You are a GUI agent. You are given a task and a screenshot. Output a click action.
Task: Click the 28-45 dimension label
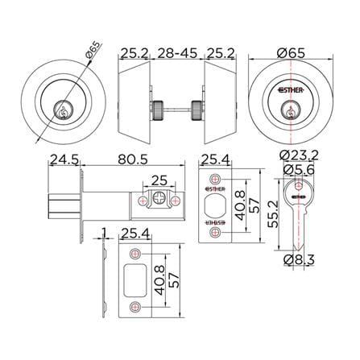pyautogui.click(x=177, y=53)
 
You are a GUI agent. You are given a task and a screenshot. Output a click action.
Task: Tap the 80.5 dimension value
pyautogui.click(x=133, y=159)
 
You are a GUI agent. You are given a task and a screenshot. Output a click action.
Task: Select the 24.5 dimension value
pyautogui.click(x=64, y=159)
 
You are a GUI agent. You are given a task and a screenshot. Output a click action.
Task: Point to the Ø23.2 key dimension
pyautogui.click(x=299, y=155)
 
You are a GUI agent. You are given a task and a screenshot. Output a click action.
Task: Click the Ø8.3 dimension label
pyautogui.click(x=300, y=259)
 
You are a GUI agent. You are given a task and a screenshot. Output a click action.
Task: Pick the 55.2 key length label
pyautogui.click(x=274, y=214)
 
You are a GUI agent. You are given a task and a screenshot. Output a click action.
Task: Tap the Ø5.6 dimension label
pyautogui.click(x=299, y=170)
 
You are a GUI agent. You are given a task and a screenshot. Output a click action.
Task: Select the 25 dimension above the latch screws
pyautogui.click(x=159, y=180)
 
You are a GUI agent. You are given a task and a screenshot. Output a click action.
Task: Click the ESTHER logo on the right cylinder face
pyautogui.click(x=291, y=90)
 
